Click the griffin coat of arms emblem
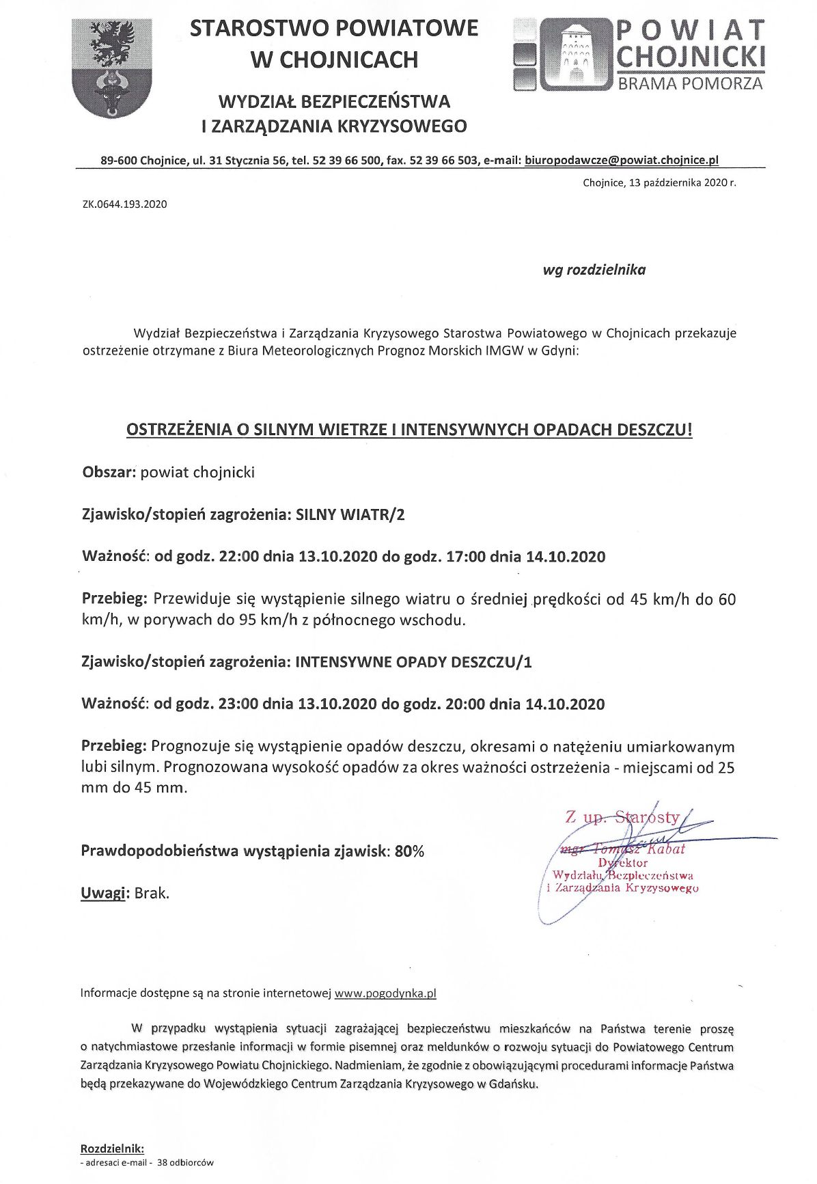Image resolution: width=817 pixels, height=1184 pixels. click(111, 68)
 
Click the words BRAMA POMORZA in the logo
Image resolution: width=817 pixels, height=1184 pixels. click(691, 84)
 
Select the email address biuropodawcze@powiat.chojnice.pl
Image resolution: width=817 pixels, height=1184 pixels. click(622, 161)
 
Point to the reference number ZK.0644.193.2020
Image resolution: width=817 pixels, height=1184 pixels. click(124, 204)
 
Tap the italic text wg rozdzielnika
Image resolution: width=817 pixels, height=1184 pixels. click(594, 270)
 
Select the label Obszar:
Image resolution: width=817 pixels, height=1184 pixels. click(109, 472)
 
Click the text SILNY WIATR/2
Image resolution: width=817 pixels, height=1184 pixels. click(350, 514)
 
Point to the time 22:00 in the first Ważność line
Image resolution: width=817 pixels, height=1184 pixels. click(239, 556)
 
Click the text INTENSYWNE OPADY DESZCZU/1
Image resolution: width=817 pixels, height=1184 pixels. click(413, 662)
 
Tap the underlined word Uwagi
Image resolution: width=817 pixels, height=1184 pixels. click(102, 893)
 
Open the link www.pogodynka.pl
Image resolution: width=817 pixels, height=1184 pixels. click(385, 993)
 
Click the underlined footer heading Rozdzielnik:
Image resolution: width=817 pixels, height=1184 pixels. click(112, 1148)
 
